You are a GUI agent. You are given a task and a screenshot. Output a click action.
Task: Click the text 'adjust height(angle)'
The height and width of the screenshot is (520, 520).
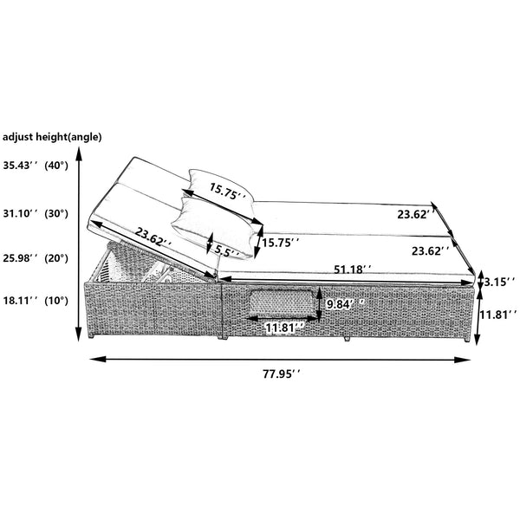(x=52, y=136)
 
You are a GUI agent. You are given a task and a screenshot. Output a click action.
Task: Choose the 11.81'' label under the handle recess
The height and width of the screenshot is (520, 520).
(x=282, y=328)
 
